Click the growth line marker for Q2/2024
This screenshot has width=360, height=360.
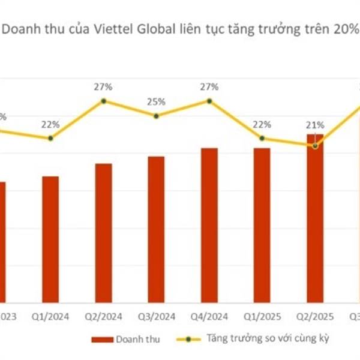coord(103,101)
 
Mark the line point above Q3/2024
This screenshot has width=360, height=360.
coord(156,116)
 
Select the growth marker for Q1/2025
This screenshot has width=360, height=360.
coord(262,139)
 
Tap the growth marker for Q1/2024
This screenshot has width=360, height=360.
coord(50,139)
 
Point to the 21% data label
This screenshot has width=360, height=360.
coord(316,125)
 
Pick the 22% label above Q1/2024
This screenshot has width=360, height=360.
coord(50,125)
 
